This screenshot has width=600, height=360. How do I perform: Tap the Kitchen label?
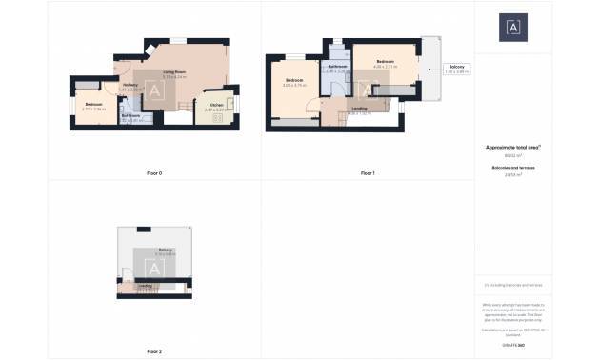point(215,106)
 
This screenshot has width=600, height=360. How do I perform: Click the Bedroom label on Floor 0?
point(92,104)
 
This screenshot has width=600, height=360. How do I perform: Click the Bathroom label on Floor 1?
point(336,66)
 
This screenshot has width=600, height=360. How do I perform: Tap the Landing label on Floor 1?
point(359,109)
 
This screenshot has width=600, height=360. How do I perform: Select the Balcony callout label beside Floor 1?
point(457,68)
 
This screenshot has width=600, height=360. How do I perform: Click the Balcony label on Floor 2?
point(167,250)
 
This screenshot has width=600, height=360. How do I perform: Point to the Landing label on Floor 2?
point(145,285)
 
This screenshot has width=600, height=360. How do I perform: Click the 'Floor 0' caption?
point(154,174)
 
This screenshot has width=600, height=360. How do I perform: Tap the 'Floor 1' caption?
point(368,174)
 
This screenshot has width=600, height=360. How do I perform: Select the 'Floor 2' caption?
point(154,352)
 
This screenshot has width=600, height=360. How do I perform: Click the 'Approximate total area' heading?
point(513,148)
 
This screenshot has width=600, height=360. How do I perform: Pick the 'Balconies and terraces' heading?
point(513,168)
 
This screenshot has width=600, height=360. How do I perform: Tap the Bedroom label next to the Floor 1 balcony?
point(384,59)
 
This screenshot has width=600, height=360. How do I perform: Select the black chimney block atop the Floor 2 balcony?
point(143,229)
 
